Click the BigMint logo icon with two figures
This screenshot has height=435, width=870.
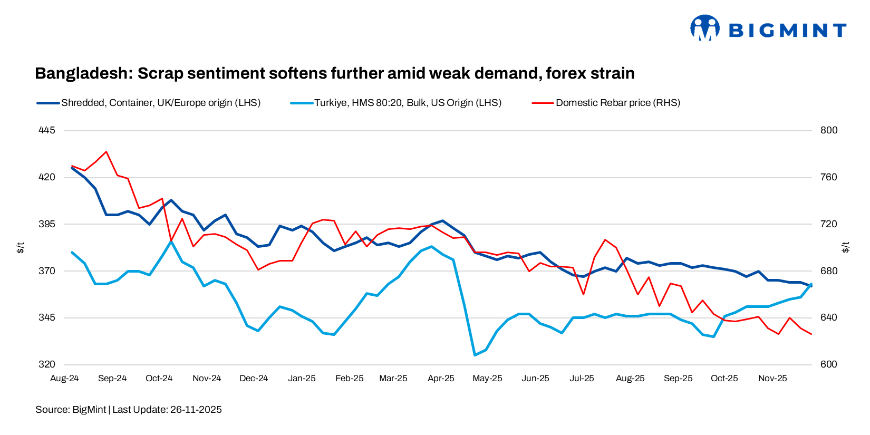pyautogui.click(x=704, y=28)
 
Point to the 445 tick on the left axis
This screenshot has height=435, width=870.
pyautogui.click(x=47, y=130)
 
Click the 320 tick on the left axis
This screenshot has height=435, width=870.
pyautogui.click(x=47, y=364)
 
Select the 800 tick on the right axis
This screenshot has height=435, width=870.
pyautogui.click(x=828, y=130)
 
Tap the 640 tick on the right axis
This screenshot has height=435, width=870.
pyautogui.click(x=828, y=317)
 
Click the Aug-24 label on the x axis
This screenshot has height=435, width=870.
pyautogui.click(x=64, y=379)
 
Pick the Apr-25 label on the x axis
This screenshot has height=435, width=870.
pyautogui.click(x=441, y=379)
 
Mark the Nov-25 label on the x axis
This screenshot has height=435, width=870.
pyautogui.click(x=772, y=379)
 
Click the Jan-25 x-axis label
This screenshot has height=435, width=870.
pyautogui.click(x=302, y=379)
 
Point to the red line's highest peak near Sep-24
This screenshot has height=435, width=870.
pyautogui.click(x=107, y=152)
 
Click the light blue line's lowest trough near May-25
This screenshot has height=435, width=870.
pyautogui.click(x=475, y=355)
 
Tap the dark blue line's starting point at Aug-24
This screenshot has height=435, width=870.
pyautogui.click(x=72, y=168)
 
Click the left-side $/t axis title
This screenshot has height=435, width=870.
pyautogui.click(x=21, y=247)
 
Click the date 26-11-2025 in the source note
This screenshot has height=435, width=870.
pyautogui.click(x=196, y=410)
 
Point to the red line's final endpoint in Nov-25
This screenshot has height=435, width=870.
pyautogui.click(x=811, y=334)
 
